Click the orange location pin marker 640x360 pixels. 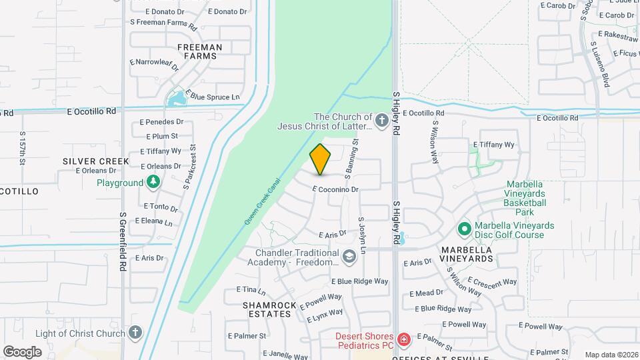click(320, 159)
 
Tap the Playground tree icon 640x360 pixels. click(153, 182)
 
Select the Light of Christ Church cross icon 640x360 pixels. click(135, 333)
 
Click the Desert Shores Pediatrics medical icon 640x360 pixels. click(403, 341)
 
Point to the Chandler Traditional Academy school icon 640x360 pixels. click(349, 256)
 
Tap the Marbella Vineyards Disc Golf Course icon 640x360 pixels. click(464, 229)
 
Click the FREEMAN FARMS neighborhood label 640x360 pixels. click(200, 51)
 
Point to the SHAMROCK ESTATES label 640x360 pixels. click(266, 309)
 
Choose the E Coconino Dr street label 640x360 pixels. click(336, 189)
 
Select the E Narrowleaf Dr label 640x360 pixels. click(155, 64)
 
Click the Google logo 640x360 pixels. click(23, 351)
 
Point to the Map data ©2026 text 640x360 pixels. click(611, 355)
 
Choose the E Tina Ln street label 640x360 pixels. click(251, 291)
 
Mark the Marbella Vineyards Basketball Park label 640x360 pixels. click(526, 198)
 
